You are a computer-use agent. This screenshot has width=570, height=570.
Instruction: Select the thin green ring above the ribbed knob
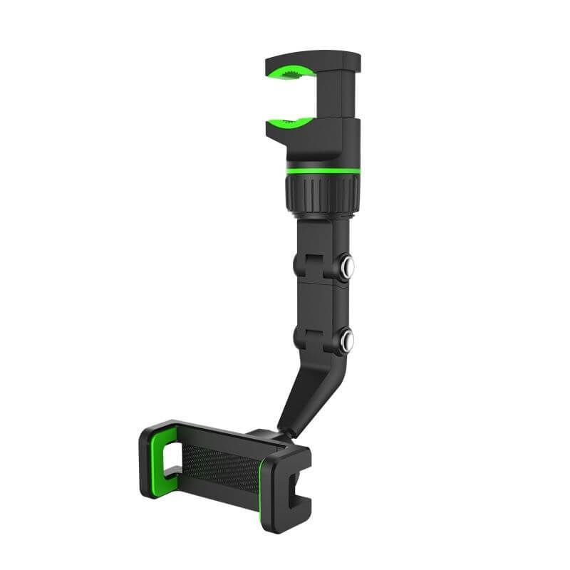(x=322, y=171)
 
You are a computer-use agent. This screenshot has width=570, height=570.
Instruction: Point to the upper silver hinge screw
(x=348, y=268)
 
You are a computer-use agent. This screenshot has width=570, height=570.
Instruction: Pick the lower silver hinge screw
(x=348, y=340)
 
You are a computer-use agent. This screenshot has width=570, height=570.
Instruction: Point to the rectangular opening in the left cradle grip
(x=171, y=460)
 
